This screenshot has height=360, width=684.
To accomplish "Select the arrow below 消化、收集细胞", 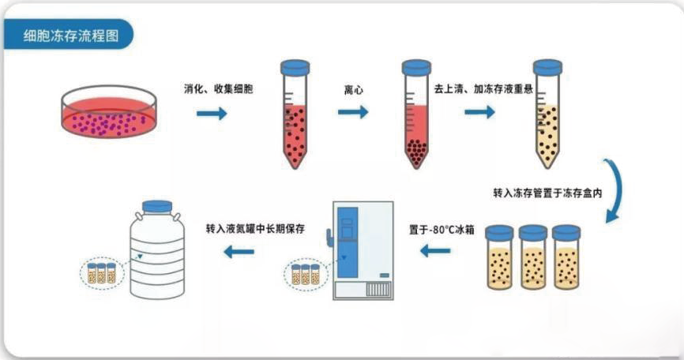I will [x=212, y=113].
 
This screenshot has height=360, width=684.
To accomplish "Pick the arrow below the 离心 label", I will [x=353, y=112].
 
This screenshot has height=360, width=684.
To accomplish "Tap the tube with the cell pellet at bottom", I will [x=416, y=114].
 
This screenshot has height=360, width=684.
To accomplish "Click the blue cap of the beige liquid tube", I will [x=547, y=68].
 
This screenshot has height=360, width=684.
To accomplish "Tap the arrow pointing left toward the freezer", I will [x=435, y=252].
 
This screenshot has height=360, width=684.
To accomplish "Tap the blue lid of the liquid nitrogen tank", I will [x=157, y=207].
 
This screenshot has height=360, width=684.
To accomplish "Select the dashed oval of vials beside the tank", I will [x=100, y=274].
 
